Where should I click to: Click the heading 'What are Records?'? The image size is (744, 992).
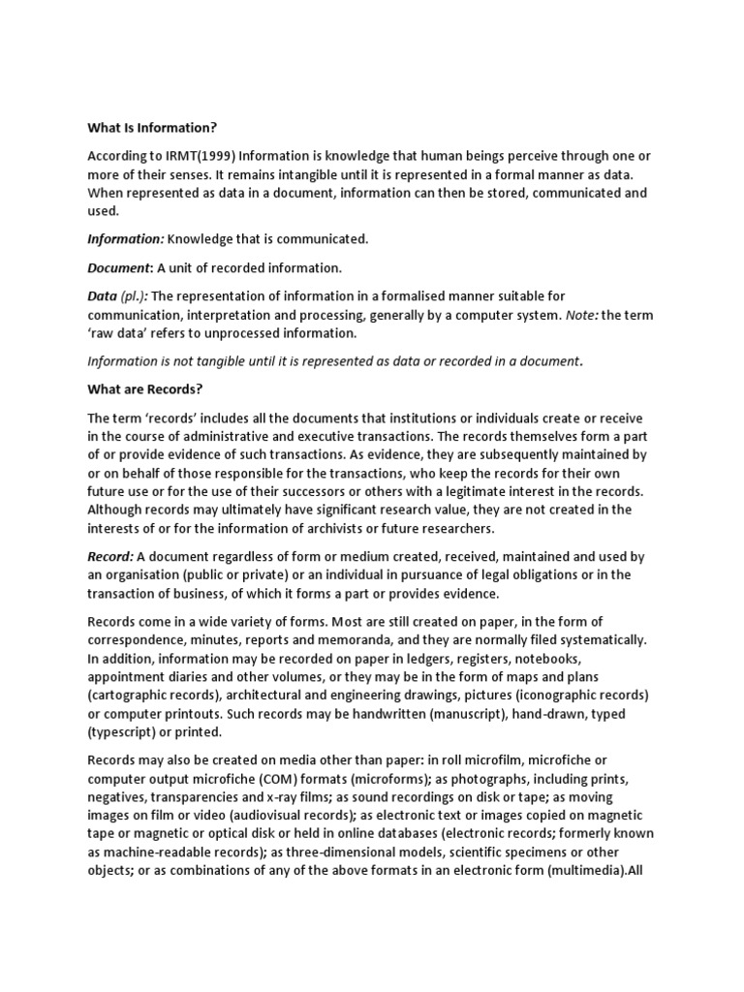coord(144,389)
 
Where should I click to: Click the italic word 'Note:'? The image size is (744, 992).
coord(580,315)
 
